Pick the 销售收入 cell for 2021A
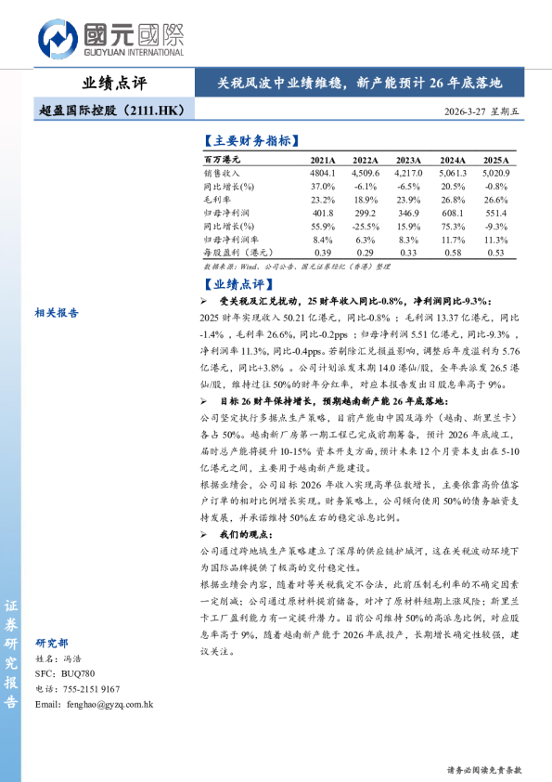point(321,174)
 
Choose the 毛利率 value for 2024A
point(453,200)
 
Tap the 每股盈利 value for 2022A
point(365,252)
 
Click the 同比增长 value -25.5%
point(365,226)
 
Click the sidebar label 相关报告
point(57,313)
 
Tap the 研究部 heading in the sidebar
point(52,643)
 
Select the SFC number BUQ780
point(74,672)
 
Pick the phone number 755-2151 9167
point(89,688)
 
